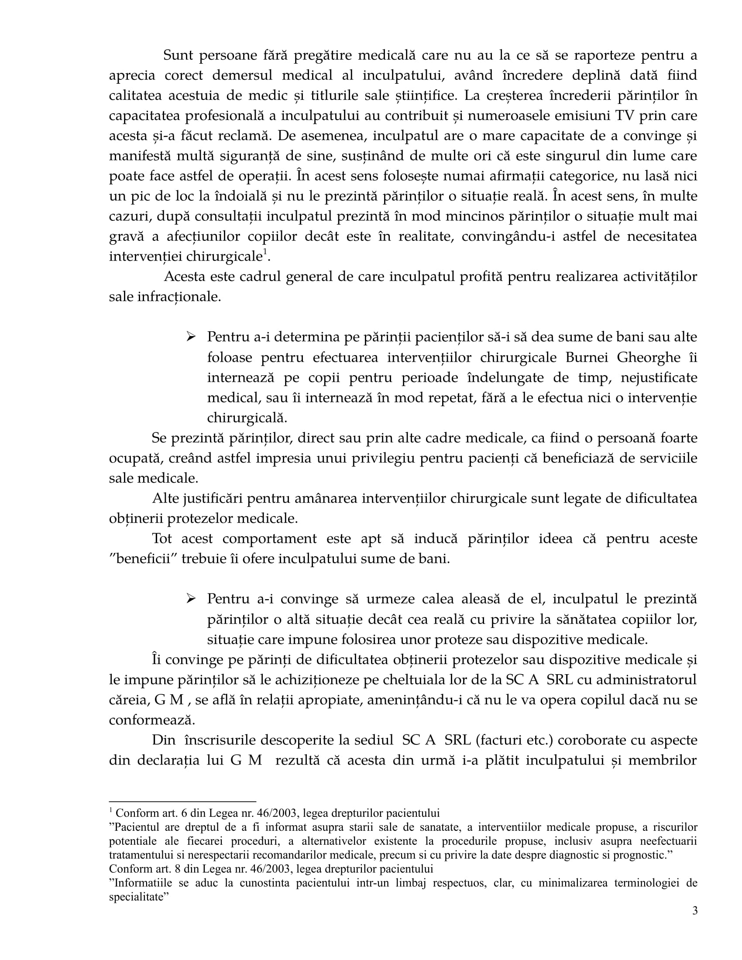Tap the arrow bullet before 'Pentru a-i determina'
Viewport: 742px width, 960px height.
[191, 337]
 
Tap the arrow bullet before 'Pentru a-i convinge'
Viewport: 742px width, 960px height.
[191, 599]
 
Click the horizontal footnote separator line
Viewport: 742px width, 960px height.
[182, 801]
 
